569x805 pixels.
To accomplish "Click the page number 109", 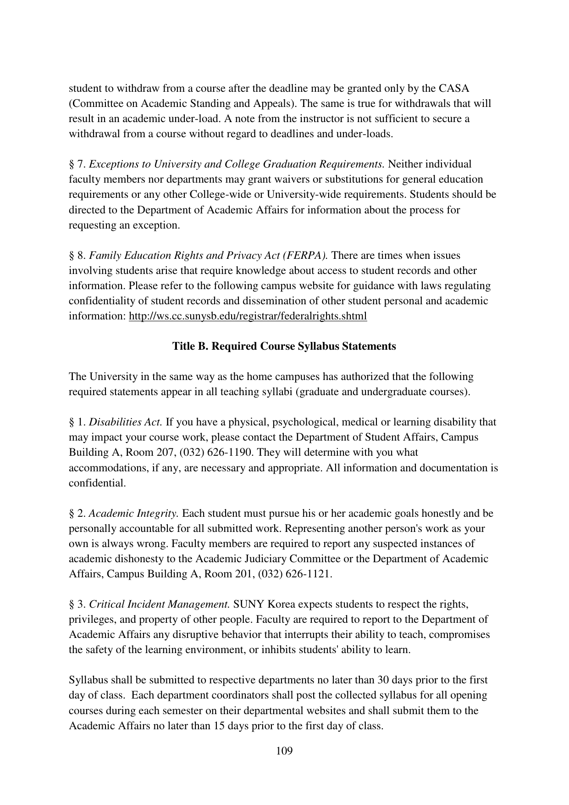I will [x=284, y=751].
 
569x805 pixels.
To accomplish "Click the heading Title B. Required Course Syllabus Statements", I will [x=284, y=346].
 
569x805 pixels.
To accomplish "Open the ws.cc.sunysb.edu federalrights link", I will [x=248, y=316].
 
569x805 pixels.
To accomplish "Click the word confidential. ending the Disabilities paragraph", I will [x=97, y=483].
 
